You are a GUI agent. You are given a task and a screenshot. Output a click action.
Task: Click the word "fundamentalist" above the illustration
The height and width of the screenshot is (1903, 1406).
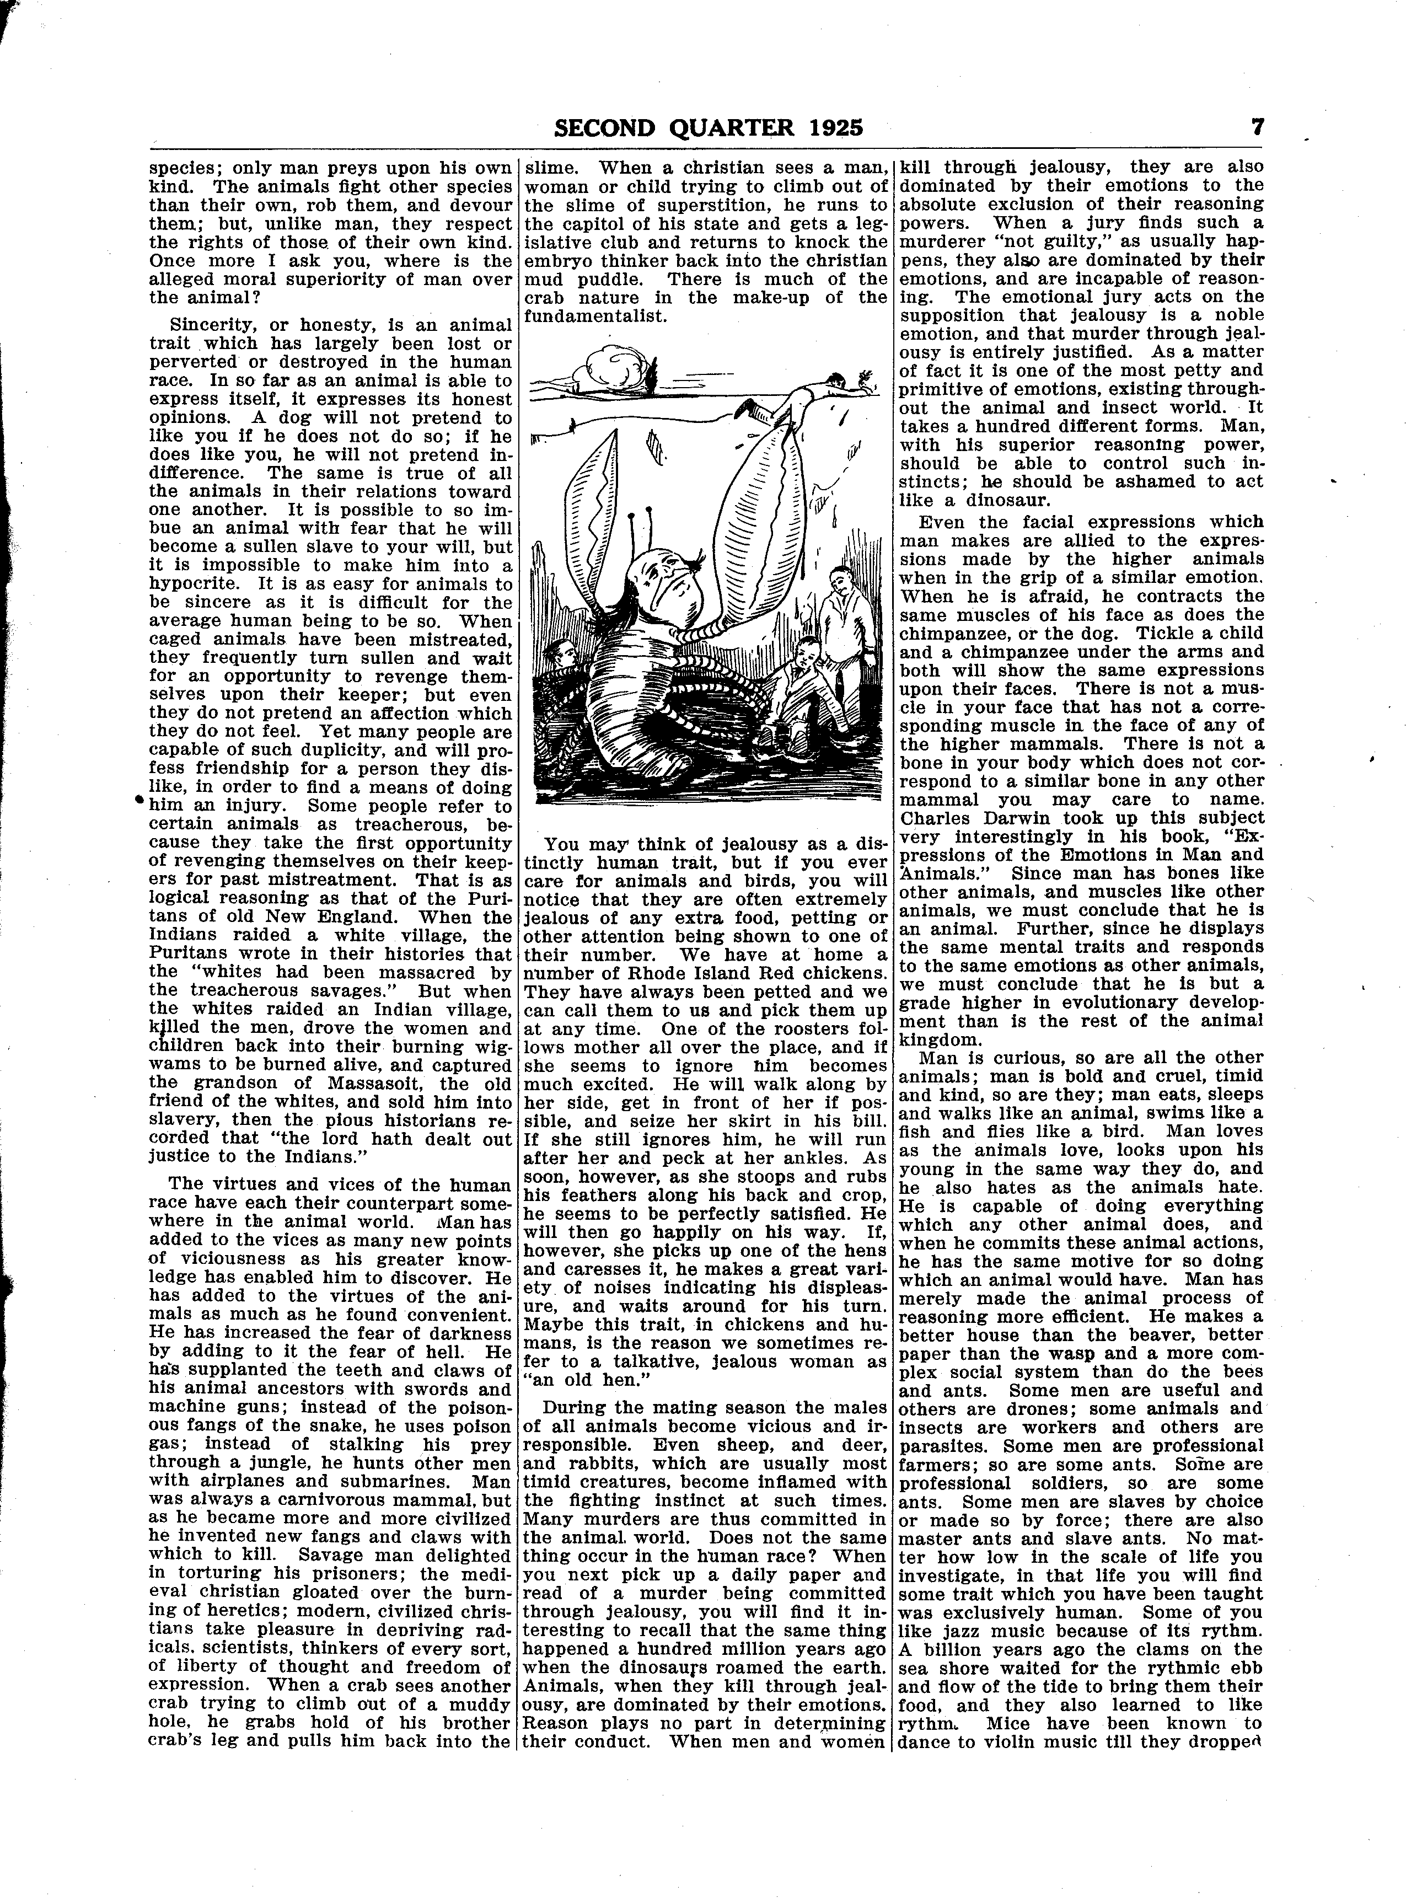593,316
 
